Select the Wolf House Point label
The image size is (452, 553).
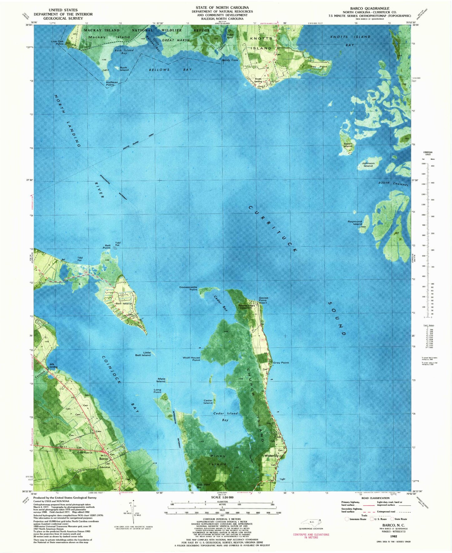coord(191,359)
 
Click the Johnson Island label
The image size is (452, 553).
coord(368,164)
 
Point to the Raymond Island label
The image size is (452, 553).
coord(355,223)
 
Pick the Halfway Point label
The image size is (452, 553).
coord(112,83)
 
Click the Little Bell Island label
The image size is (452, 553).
coord(143,354)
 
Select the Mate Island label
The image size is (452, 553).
coord(161,380)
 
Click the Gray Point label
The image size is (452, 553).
coord(281,363)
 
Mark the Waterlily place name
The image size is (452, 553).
coord(271,456)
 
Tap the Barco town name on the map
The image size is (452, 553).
coord(103,459)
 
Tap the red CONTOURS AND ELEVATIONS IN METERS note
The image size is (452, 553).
coord(311,536)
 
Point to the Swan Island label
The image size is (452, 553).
coord(348,145)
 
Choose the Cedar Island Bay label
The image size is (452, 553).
coord(225,417)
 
